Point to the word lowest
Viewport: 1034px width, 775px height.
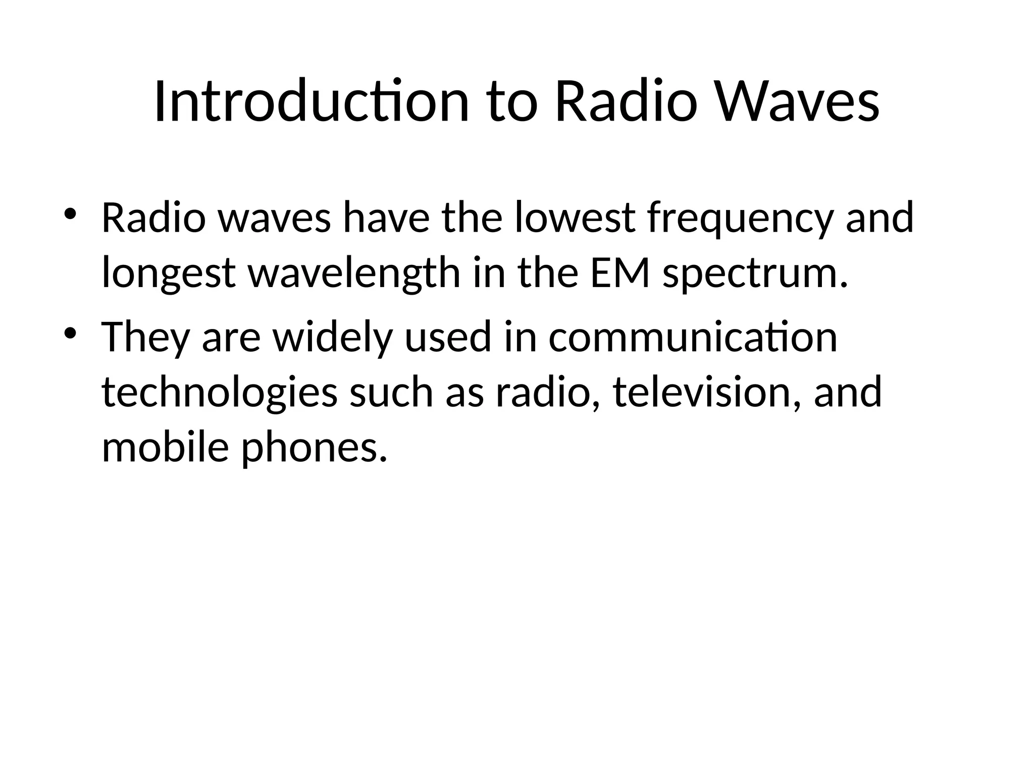(x=575, y=218)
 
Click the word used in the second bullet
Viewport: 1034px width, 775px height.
(x=447, y=337)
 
